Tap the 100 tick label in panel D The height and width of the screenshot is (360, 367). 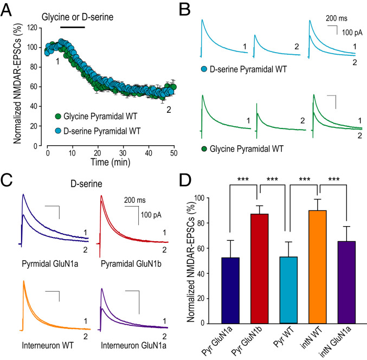194,198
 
